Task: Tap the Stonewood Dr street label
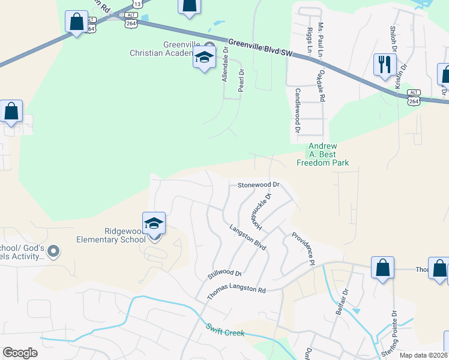pos(259,185)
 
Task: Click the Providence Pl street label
pos(303,248)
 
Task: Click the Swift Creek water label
pos(225,330)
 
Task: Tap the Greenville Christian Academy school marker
pos(204,59)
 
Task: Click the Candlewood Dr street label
pos(297,110)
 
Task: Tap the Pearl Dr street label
pos(241,80)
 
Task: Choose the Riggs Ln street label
pos(309,37)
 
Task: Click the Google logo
pos(20,353)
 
